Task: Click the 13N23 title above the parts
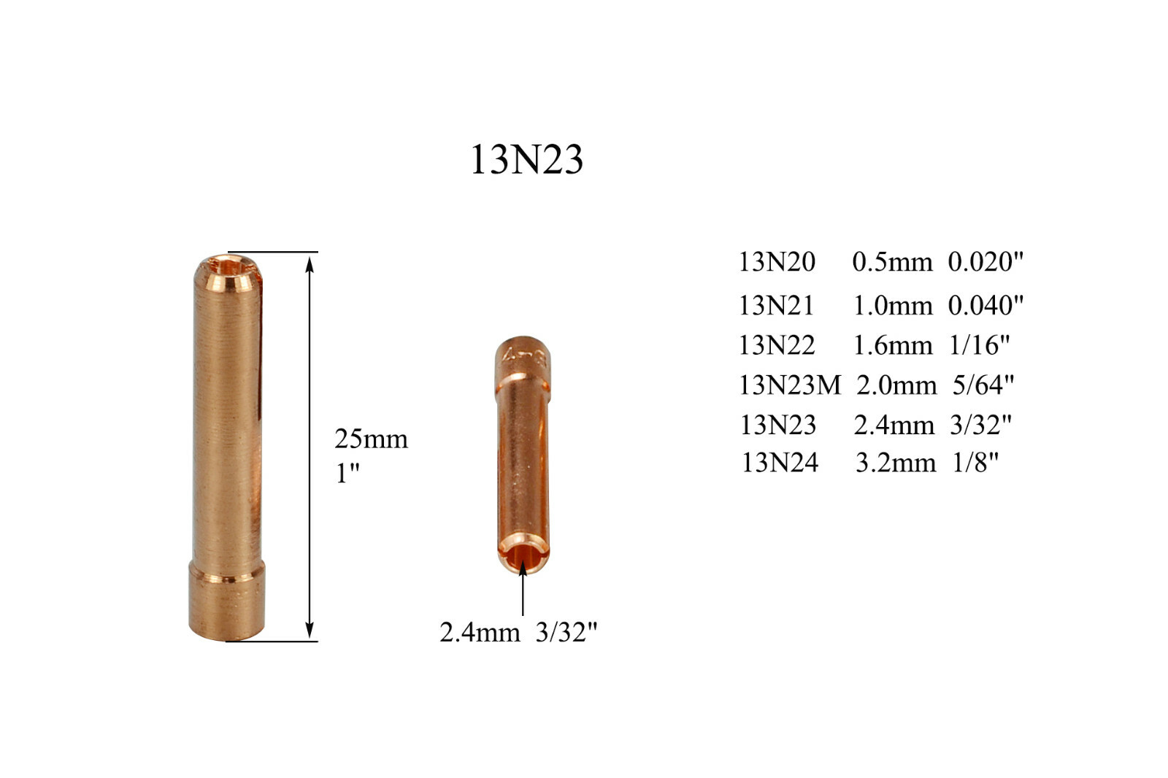(x=526, y=160)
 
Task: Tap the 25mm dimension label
(x=372, y=439)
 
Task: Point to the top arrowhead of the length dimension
(x=310, y=264)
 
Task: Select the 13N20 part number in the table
(x=777, y=261)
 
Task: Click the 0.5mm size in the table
(x=892, y=262)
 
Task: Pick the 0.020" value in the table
(x=985, y=261)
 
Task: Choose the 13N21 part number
(x=777, y=305)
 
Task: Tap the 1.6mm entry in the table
(x=893, y=345)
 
